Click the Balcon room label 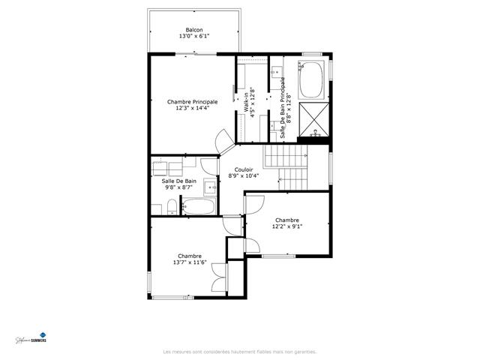(x=193, y=30)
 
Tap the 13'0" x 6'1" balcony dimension (x=193, y=36)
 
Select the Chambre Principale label (x=192, y=101)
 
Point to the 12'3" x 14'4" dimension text (x=192, y=108)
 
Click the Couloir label (x=243, y=169)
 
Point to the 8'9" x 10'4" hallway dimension (x=243, y=176)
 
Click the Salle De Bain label (x=179, y=181)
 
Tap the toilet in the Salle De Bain (x=172, y=208)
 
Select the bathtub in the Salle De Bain (x=199, y=206)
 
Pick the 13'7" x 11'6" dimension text (x=189, y=262)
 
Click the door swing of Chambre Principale (x=223, y=139)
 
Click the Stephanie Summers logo (x=31, y=338)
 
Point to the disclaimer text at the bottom (x=239, y=351)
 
